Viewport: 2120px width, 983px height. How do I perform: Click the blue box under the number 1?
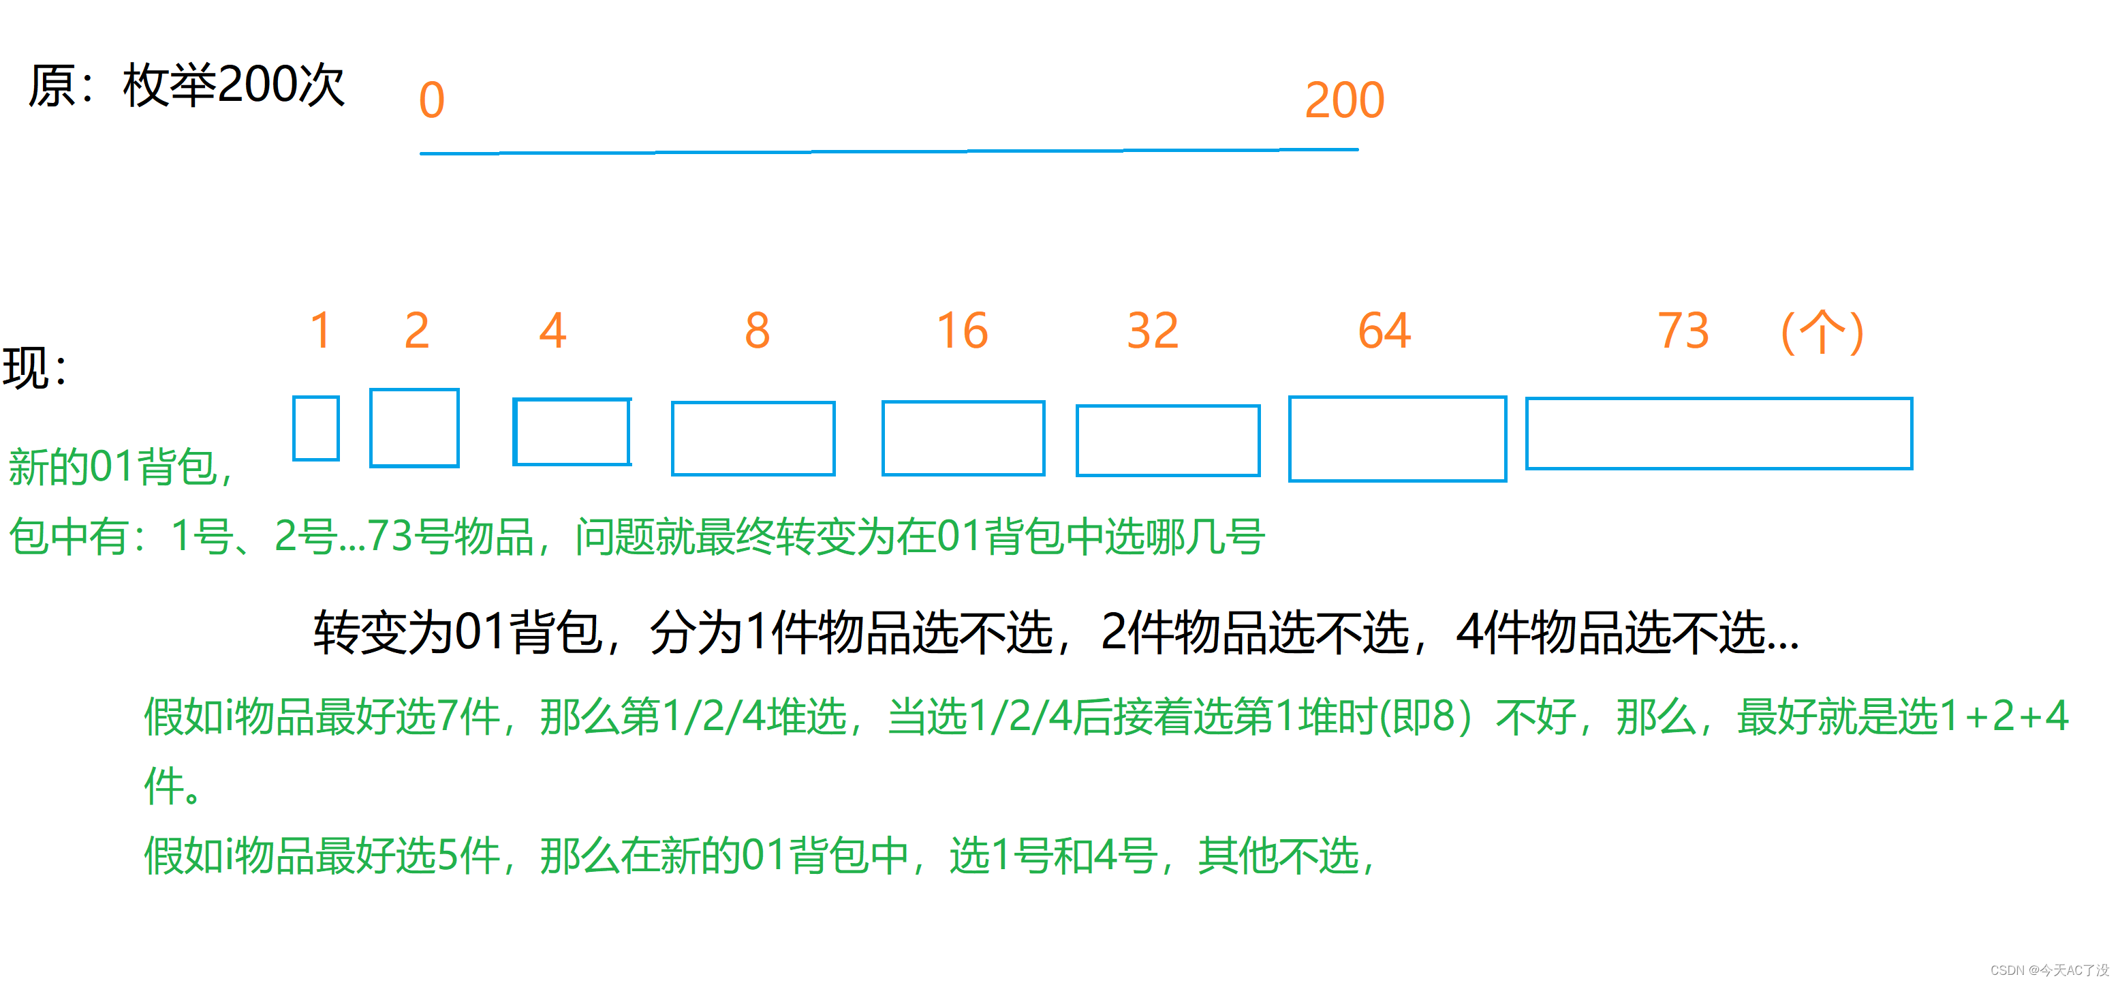pos(316,428)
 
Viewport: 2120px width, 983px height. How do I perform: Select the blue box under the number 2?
pos(414,428)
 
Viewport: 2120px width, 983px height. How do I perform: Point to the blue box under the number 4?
pos(572,432)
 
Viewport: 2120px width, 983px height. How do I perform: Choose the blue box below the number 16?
pos(963,438)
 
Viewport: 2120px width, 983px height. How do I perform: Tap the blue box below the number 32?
pos(1168,440)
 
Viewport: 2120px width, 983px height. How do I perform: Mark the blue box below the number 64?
pos(1397,439)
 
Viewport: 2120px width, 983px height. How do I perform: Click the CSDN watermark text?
pos(2048,970)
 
